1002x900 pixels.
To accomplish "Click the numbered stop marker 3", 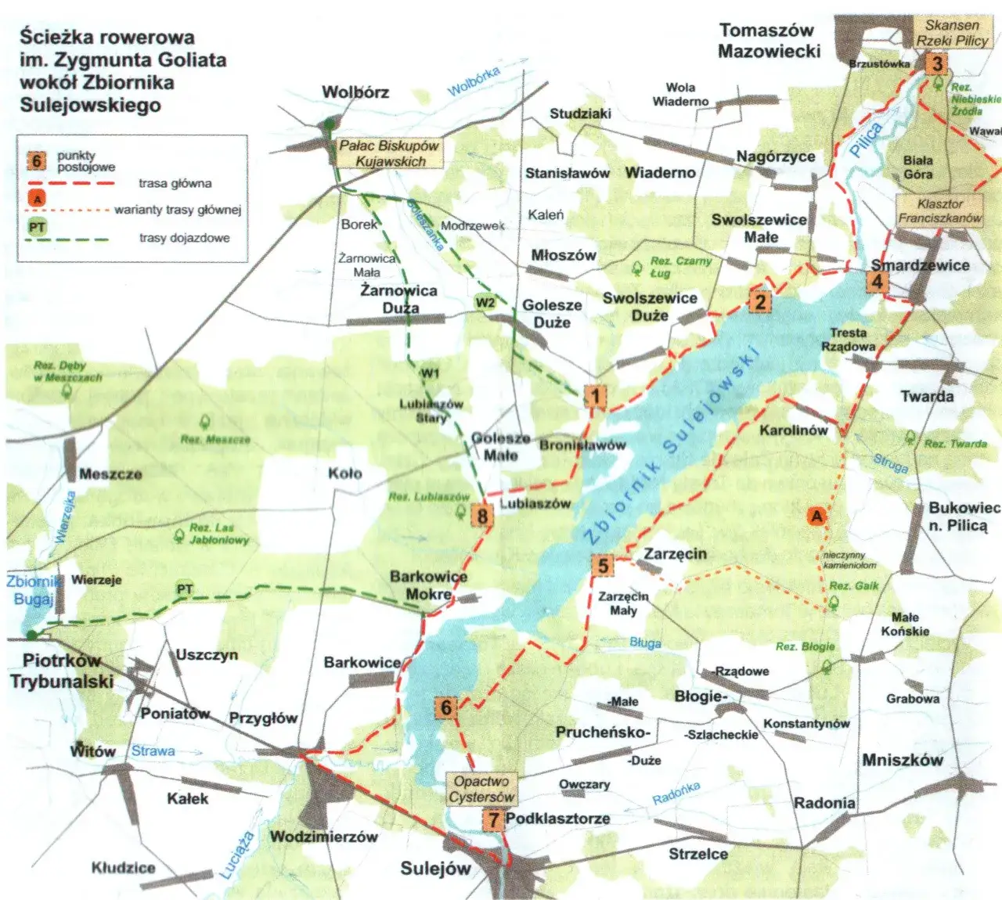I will point(936,63).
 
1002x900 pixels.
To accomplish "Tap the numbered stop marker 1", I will point(596,396).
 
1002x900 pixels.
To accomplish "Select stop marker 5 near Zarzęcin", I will point(603,565).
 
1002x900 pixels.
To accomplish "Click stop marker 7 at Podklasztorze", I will point(492,819).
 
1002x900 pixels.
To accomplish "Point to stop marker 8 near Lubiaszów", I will point(482,516).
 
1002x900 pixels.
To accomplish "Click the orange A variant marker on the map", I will point(817,516).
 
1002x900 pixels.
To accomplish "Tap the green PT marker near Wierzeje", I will point(185,589).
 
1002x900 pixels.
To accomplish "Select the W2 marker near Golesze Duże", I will point(485,303).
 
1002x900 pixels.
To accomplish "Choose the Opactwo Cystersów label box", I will point(482,789).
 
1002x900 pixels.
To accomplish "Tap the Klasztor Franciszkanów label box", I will point(939,211).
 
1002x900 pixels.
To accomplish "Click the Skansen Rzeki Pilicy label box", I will point(952,33).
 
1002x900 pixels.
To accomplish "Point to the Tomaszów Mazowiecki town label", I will point(768,41).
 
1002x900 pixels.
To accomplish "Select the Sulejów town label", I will point(435,868).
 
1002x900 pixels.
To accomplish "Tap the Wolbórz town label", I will point(355,92).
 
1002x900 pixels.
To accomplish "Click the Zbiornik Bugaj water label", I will point(33,590).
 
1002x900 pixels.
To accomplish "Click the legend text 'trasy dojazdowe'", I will point(185,238).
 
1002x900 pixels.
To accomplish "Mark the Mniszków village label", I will point(902,760).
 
